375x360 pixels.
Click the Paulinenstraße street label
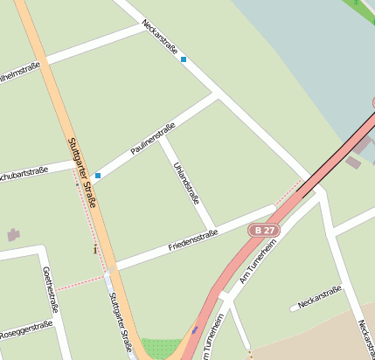tap(153, 139)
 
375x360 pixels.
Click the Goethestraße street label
tap(50, 289)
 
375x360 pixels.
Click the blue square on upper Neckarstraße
tap(184, 59)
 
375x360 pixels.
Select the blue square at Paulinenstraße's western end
tap(98, 176)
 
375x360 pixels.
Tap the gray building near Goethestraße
tap(13, 234)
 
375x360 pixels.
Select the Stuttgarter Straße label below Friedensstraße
tap(120, 321)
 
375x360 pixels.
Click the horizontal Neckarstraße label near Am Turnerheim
tap(318, 299)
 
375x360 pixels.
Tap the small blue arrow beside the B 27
tap(195, 329)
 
